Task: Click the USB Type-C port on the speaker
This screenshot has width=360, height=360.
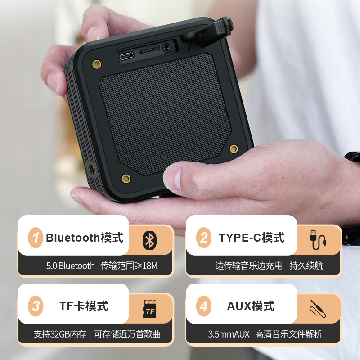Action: pos(126,56)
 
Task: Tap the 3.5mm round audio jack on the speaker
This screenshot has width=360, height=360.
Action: pos(167,49)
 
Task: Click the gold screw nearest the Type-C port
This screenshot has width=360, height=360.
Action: pos(97,64)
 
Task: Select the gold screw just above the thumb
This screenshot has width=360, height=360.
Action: pos(234,148)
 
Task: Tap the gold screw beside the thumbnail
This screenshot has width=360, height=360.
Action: pos(126,178)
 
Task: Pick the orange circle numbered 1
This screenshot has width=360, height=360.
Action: pos(36,238)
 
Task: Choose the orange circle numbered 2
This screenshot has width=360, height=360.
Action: pos(204,238)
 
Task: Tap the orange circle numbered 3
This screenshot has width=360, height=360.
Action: pos(36,306)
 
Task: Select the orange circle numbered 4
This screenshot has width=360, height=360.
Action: pos(204,306)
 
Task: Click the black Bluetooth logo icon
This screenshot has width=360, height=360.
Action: pos(150,240)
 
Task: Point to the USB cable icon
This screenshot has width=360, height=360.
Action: pos(318,240)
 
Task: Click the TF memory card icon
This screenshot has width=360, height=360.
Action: pos(150,309)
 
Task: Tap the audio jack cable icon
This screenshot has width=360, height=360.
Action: pos(318,309)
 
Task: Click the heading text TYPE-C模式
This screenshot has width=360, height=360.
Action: pos(252,238)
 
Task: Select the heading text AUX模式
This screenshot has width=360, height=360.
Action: pos(251,306)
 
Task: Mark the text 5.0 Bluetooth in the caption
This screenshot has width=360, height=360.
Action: pos(71,265)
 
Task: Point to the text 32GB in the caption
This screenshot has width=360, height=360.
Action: pos(60,334)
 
